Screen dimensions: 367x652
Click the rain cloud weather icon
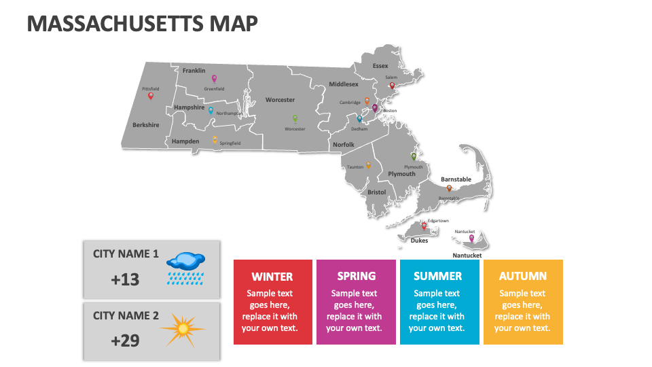[186, 267]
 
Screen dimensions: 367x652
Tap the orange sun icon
[182, 329]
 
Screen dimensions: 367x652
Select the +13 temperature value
[125, 279]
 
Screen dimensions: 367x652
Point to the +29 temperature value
[125, 340]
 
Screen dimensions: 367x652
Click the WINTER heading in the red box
[272, 277]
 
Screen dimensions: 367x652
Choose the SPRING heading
[356, 276]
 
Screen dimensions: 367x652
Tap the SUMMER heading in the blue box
[438, 277]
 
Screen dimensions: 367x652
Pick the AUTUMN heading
[523, 276]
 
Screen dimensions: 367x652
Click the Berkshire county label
[146, 125]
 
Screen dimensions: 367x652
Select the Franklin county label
[194, 71]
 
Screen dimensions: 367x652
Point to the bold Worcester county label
[280, 100]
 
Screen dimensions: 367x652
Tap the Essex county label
[380, 66]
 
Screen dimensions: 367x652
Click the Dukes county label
[420, 240]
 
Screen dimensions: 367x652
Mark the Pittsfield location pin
[151, 96]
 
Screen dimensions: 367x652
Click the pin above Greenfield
[214, 79]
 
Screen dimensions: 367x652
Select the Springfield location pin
[215, 140]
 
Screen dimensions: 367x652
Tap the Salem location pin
[392, 86]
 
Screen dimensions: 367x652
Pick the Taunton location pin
[368, 164]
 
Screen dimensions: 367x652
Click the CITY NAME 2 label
[126, 315]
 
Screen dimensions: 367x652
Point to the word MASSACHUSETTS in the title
[113, 24]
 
